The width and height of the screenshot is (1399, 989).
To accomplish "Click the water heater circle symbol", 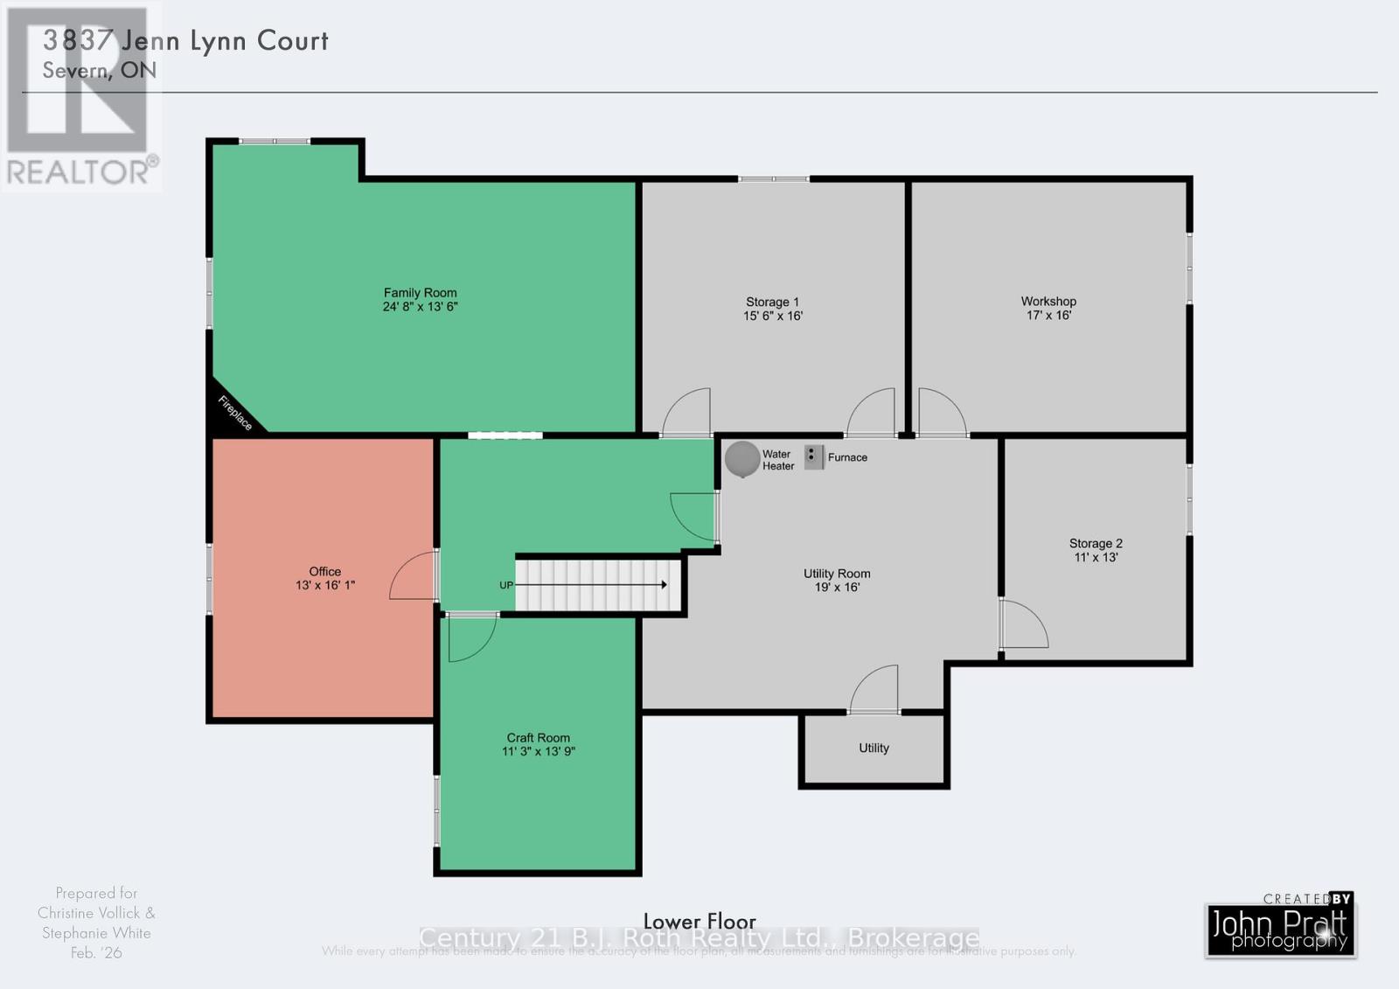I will coord(742,459).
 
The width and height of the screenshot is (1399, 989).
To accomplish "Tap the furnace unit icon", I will coord(814,456).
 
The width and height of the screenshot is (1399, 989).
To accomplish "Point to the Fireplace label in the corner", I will coord(234,413).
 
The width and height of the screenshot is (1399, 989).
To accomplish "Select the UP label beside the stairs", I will coord(506,585).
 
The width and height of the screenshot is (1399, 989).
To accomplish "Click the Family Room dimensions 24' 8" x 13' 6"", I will coord(420,307).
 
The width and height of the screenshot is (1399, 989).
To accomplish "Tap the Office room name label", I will coord(324,571).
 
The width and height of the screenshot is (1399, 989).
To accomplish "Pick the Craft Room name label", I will coord(538,737).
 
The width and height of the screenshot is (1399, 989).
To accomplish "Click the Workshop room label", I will coord(1048,301).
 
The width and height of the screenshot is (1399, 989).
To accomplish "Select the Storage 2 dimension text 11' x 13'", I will coord(1096,557).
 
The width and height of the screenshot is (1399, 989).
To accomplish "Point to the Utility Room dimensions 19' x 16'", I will coord(837,588).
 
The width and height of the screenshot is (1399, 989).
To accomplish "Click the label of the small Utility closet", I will coord(874,748).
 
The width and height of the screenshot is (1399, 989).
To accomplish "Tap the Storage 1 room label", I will coord(772,302).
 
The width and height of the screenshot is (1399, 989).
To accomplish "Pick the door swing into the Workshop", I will coord(942,413).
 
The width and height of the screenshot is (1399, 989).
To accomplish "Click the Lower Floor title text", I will coord(699,921).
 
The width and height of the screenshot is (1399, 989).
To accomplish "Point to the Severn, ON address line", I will coord(100,70).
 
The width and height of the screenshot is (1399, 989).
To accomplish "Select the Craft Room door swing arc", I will coord(470,638).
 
